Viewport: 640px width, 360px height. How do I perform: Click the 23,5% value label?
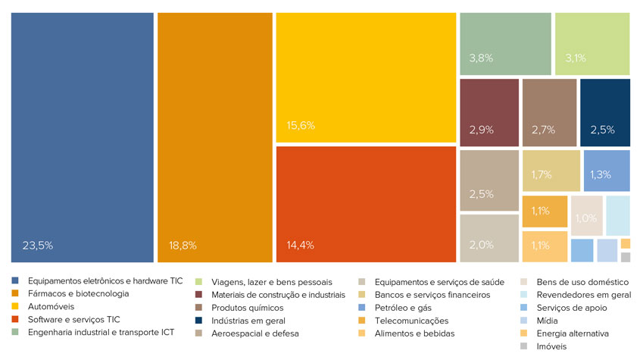click(x=38, y=246)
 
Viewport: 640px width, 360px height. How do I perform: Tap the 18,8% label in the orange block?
click(x=183, y=246)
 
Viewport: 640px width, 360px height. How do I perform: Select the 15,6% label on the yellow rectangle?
click(x=301, y=126)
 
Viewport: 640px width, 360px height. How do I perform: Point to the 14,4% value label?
click(x=301, y=245)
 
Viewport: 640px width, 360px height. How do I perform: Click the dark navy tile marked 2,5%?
click(x=605, y=112)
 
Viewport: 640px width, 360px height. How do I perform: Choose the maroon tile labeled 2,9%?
click(x=489, y=112)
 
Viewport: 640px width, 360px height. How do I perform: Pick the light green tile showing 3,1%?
click(x=592, y=44)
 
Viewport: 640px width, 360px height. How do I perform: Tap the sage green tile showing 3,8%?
click(x=506, y=44)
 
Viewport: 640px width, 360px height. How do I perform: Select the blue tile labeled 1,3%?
click(x=607, y=171)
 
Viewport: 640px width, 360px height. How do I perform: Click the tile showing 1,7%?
click(x=551, y=171)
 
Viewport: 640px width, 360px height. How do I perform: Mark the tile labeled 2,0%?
click(x=489, y=238)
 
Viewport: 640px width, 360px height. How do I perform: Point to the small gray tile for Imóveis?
click(x=626, y=257)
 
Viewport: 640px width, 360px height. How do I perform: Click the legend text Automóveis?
click(x=51, y=306)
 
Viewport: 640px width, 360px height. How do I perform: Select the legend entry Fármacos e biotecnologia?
click(x=78, y=293)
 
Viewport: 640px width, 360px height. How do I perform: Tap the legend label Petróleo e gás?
click(x=403, y=308)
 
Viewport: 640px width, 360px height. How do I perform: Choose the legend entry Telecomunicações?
click(x=411, y=321)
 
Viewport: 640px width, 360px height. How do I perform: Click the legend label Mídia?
click(x=547, y=321)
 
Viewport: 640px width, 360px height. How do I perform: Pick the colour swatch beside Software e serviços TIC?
click(x=15, y=319)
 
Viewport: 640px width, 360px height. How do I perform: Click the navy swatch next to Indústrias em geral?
click(x=198, y=321)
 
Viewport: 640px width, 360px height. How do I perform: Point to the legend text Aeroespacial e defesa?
click(x=255, y=333)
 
